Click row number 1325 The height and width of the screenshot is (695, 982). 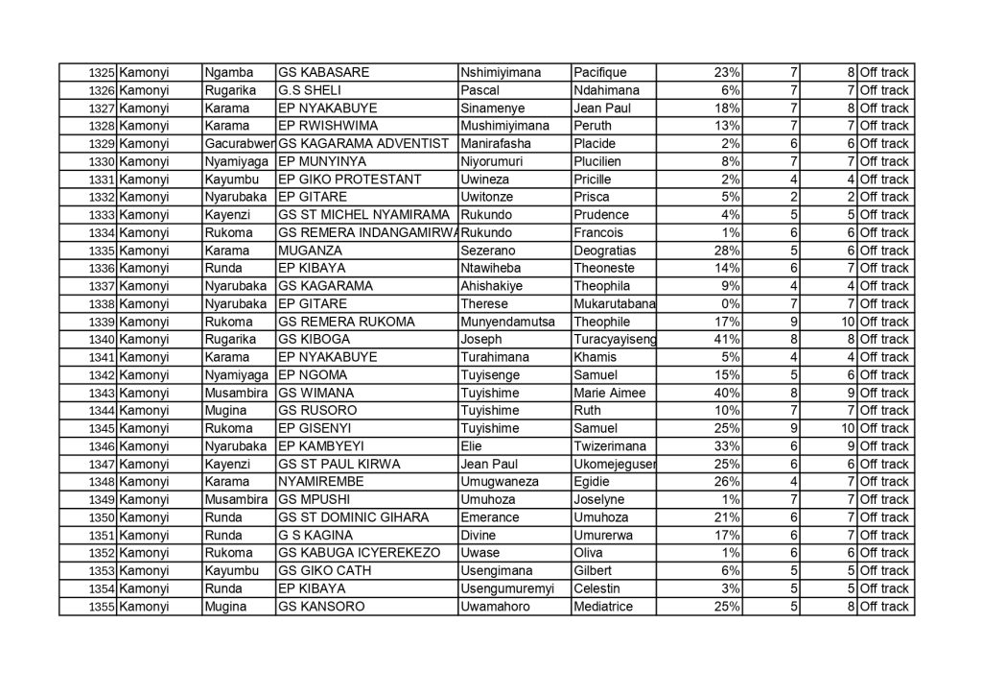pyautogui.click(x=102, y=73)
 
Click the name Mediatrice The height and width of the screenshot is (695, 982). pyautogui.click(x=608, y=608)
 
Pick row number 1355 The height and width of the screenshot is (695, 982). pyautogui.click(x=102, y=608)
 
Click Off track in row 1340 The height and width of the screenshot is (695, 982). pyautogui.click(x=884, y=340)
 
